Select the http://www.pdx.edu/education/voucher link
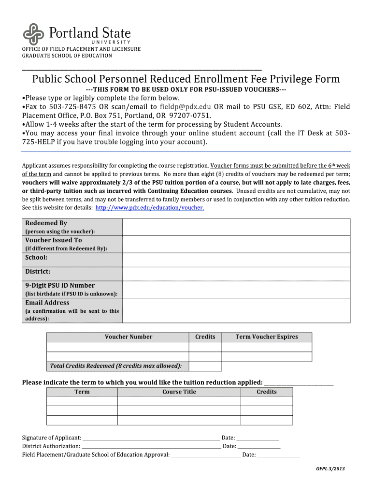[x=149, y=207]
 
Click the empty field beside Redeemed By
[x=236, y=227]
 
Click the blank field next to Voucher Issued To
[x=236, y=244]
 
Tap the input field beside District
[x=236, y=274]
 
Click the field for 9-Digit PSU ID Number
[x=236, y=289]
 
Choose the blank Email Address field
[x=236, y=310]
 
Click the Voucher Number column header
[x=129, y=337]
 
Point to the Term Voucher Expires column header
[x=267, y=337]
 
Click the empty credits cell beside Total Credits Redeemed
[x=205, y=366]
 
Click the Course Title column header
[x=179, y=392]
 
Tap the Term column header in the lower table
[x=82, y=392]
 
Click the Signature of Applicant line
[x=151, y=437]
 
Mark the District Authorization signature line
[x=151, y=446]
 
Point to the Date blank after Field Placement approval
[x=278, y=455]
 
